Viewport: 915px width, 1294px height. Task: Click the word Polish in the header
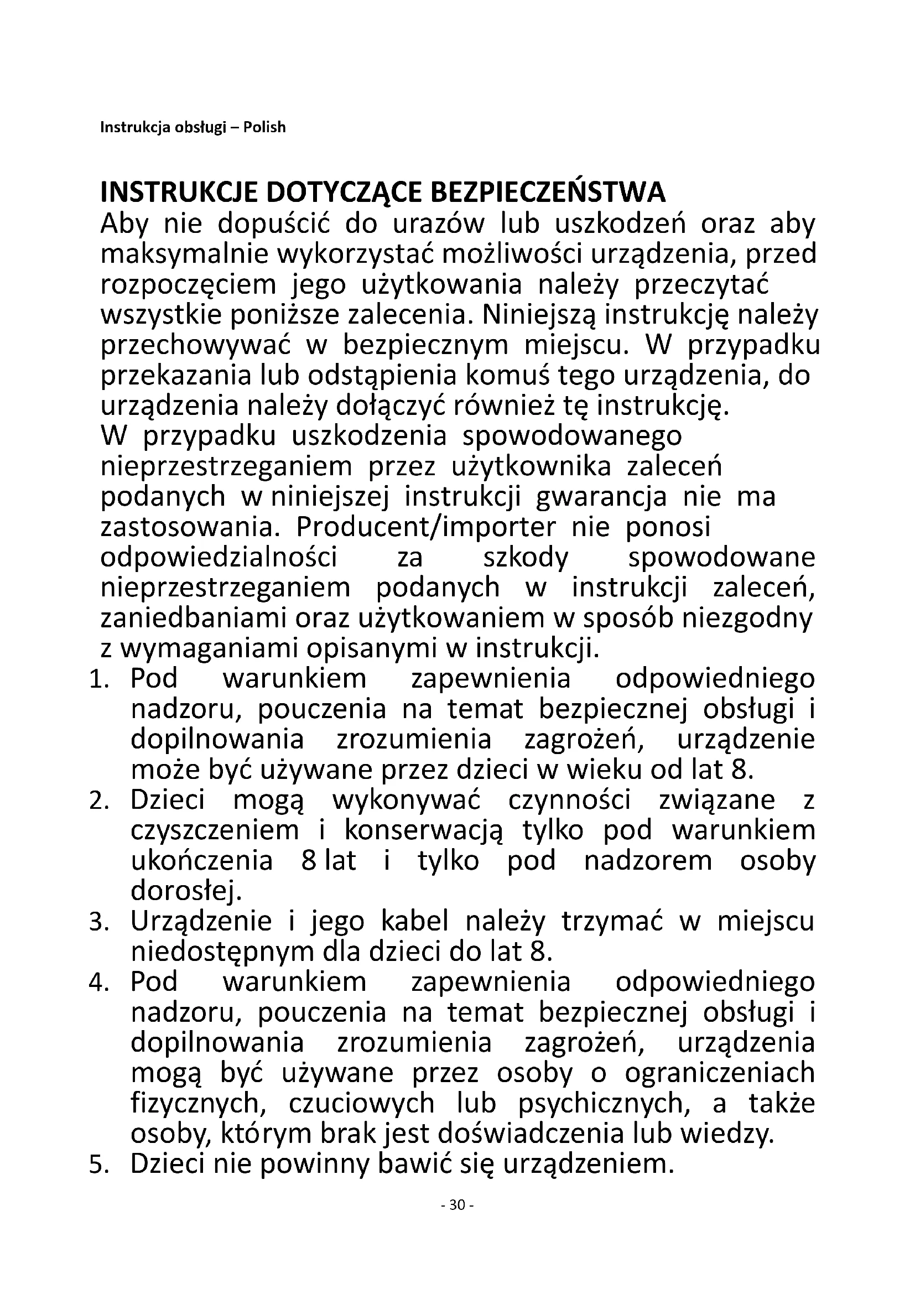264,127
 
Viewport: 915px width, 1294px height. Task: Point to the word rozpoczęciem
188,285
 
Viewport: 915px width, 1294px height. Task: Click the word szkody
526,559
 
